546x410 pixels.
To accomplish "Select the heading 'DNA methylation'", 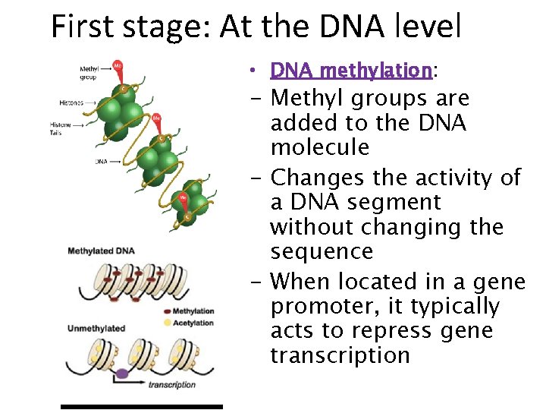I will (x=351, y=71).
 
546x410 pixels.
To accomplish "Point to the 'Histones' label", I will (x=73, y=102).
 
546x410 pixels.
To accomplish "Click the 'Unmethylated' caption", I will (x=96, y=328).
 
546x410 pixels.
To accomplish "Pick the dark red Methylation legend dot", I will (x=166, y=311).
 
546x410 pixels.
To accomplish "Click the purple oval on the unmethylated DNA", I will (x=121, y=374).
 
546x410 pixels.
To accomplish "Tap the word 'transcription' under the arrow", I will (x=171, y=385).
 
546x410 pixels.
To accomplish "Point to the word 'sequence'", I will (x=322, y=251).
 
